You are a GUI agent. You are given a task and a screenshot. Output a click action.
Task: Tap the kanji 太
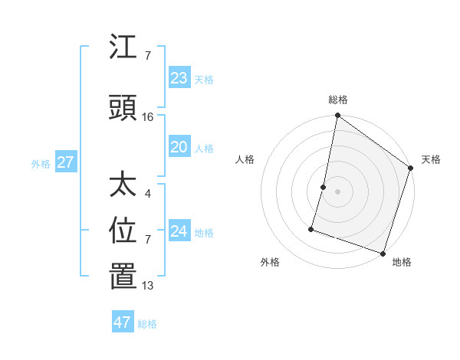point(123,185)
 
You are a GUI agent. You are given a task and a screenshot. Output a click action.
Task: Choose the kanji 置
point(123,277)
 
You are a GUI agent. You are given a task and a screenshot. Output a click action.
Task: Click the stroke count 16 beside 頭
point(148,117)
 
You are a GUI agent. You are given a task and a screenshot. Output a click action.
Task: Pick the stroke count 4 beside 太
point(147,193)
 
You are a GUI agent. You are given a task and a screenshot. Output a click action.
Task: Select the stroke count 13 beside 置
point(148,286)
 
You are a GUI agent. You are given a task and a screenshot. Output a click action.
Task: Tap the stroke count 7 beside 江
point(147,56)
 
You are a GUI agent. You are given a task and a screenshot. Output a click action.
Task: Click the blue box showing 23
point(179,77)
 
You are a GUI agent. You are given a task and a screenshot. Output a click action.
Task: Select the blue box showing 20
point(179,147)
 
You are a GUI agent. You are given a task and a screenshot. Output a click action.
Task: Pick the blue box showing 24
point(179,231)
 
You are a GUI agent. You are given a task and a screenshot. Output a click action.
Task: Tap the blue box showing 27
point(65,162)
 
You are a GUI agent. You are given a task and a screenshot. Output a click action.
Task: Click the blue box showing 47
point(123,322)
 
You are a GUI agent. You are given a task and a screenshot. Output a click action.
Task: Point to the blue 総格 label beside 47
point(147,324)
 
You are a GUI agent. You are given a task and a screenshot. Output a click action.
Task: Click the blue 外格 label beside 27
point(41,164)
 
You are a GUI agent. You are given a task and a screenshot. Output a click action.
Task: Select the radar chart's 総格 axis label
point(338,100)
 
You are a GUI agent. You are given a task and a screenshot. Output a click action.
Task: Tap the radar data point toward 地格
point(383,253)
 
